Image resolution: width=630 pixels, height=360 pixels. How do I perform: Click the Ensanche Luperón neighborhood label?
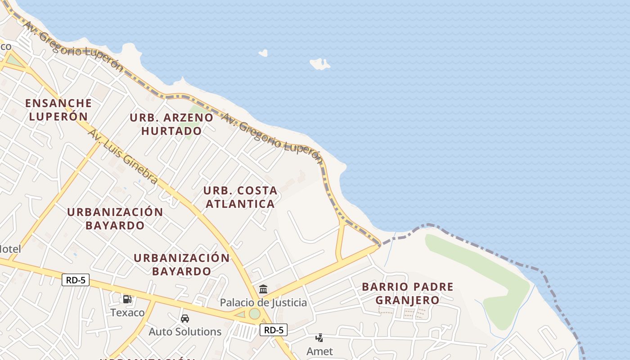click(x=58, y=109)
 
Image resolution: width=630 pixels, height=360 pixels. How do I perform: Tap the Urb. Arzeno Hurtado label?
click(x=171, y=124)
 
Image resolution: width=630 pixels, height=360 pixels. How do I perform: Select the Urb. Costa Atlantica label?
click(x=240, y=197)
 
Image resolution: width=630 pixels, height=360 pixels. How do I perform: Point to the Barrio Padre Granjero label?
click(x=407, y=293)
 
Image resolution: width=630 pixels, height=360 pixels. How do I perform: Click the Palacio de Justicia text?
click(x=263, y=303)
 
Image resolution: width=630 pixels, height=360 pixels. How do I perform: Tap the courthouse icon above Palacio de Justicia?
click(x=263, y=289)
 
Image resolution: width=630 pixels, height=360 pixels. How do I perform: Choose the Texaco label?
click(x=128, y=312)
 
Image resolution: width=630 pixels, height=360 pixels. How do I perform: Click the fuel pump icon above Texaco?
click(x=127, y=299)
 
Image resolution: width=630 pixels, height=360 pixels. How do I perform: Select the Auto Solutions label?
click(x=185, y=332)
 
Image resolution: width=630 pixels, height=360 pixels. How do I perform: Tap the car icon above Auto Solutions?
click(x=184, y=319)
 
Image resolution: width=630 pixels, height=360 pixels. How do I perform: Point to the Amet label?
click(x=319, y=351)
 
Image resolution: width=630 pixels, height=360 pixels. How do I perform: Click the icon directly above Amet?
click(x=319, y=337)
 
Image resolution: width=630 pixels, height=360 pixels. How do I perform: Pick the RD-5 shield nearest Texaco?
click(x=76, y=280)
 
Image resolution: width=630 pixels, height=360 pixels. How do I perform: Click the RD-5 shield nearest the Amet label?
click(x=274, y=330)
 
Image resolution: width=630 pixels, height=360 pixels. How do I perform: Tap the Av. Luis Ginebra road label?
click(x=123, y=156)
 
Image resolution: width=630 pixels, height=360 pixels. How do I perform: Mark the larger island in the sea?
click(x=319, y=64)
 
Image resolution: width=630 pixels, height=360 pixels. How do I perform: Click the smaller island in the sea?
click(x=263, y=53)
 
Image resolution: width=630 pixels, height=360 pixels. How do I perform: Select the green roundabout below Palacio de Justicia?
click(x=255, y=313)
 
